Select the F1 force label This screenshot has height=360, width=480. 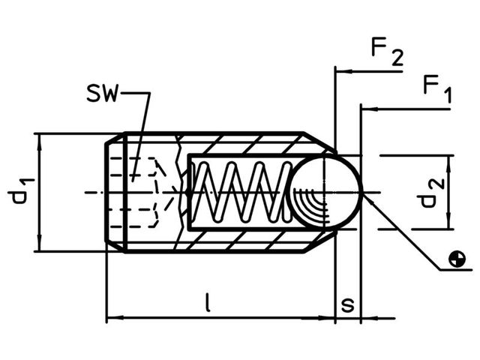(x=436, y=88)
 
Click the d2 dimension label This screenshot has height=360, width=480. (x=428, y=191)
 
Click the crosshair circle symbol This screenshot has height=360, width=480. (x=455, y=259)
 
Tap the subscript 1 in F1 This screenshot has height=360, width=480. (x=447, y=95)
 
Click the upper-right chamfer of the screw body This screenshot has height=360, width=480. (x=319, y=142)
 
